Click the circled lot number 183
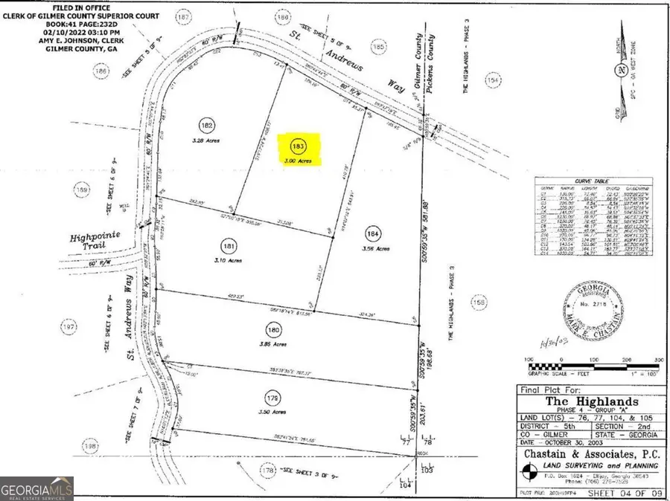coord(299,145)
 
